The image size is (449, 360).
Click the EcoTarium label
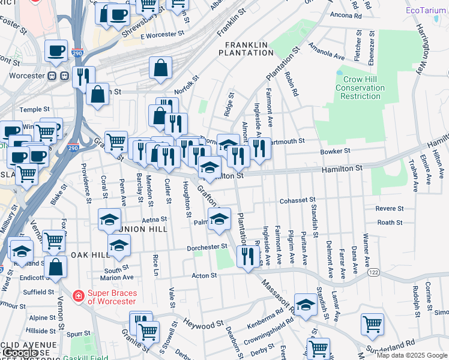pos(426,11)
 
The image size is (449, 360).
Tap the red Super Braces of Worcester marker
pos(77,296)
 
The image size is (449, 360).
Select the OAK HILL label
pos(90,255)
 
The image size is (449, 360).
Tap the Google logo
pos(20,353)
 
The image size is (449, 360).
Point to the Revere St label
pos(389,209)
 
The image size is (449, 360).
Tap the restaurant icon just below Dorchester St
pos(247,256)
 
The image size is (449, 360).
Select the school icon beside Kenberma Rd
pos(306,305)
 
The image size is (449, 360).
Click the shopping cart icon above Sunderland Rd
pos(372,324)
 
